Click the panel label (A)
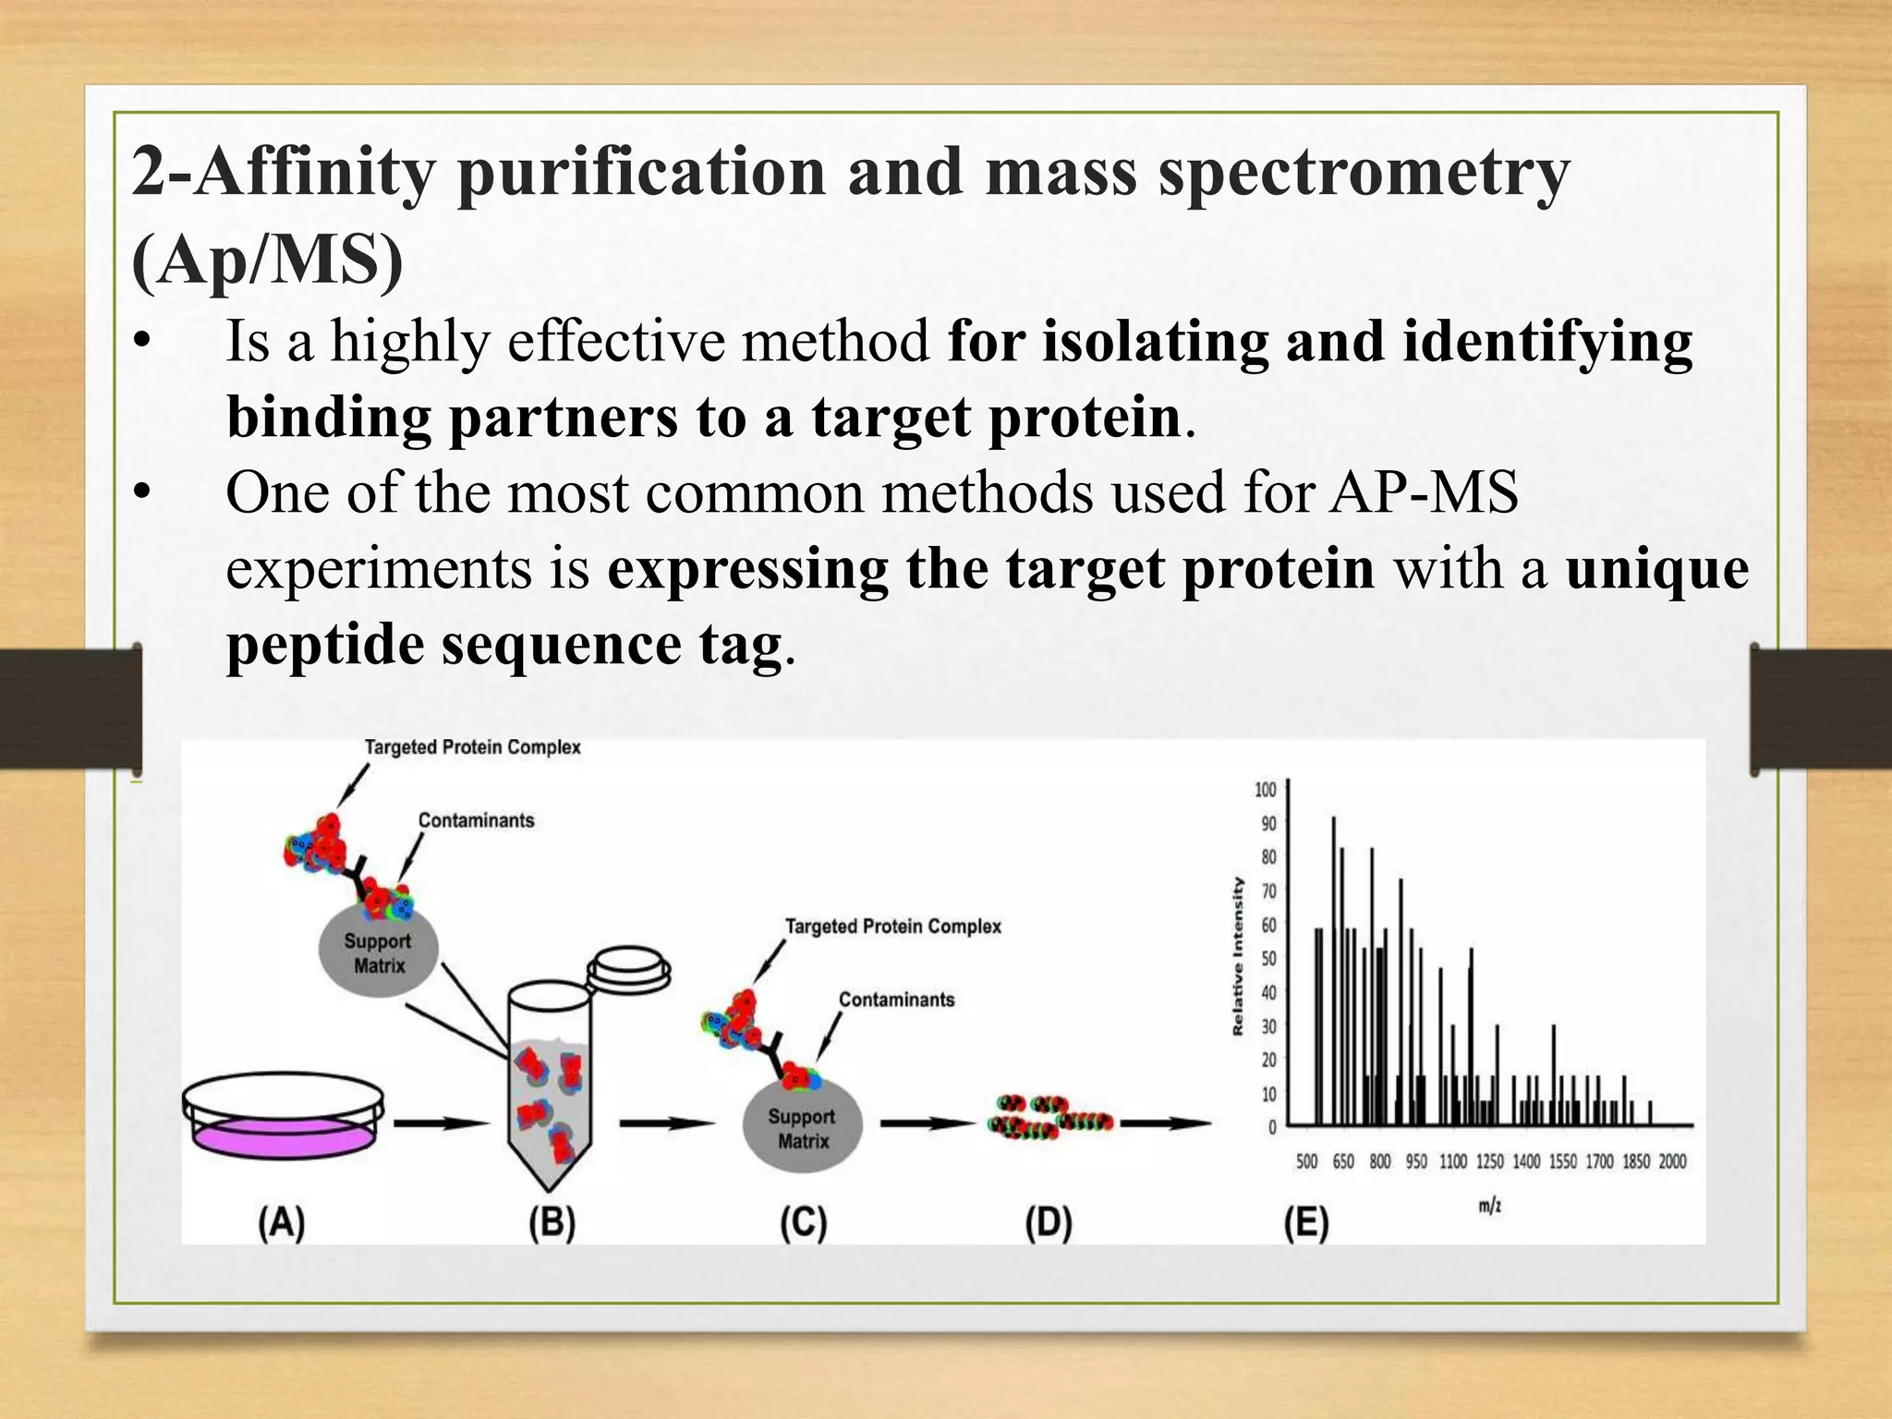tap(281, 1223)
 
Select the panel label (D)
tap(1049, 1223)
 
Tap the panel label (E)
tap(1306, 1223)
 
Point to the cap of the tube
tap(628, 972)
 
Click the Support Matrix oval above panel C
tap(802, 1128)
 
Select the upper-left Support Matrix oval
tap(378, 952)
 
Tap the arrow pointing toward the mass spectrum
tap(1165, 1123)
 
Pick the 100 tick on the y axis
tap(1266, 789)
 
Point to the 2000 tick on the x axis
tap(1672, 1161)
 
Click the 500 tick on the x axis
tap(1306, 1161)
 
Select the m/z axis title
tap(1489, 1206)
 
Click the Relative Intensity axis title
tap(1238, 956)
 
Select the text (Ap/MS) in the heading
tap(268, 261)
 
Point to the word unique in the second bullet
tap(1656, 567)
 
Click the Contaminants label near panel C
tap(896, 1000)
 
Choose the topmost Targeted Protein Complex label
tap(472, 746)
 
